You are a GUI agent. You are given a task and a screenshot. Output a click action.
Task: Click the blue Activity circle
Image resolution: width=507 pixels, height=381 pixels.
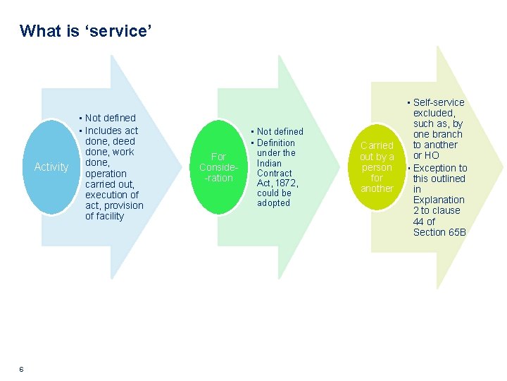pyautogui.click(x=51, y=167)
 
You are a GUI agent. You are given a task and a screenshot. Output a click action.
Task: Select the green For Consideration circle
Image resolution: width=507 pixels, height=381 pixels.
pyautogui.click(x=218, y=167)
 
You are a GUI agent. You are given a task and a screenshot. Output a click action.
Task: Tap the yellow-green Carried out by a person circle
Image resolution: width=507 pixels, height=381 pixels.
pyautogui.click(x=377, y=167)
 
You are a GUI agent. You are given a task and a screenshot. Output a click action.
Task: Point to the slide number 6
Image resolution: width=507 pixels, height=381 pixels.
pyautogui.click(x=22, y=369)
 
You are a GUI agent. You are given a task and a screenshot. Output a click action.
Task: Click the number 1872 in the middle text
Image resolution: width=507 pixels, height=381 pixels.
pyautogui.click(x=287, y=183)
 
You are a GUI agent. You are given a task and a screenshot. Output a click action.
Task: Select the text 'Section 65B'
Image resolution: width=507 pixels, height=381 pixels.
pyautogui.click(x=439, y=232)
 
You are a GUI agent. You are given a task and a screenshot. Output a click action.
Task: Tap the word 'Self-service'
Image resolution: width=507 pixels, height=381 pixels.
pyautogui.click(x=439, y=102)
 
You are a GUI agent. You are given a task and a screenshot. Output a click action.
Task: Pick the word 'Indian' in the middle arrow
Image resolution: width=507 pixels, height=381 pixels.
pyautogui.click(x=270, y=163)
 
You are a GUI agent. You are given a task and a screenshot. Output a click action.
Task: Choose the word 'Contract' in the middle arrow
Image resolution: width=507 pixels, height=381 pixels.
pyautogui.click(x=275, y=173)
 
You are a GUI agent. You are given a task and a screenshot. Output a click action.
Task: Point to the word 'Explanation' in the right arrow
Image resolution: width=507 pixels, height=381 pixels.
pyautogui.click(x=439, y=200)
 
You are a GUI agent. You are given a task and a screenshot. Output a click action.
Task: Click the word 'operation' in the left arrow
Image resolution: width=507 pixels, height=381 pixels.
pyautogui.click(x=106, y=174)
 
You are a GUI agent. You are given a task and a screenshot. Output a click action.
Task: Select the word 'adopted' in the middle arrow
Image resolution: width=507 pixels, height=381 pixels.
pyautogui.click(x=273, y=202)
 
